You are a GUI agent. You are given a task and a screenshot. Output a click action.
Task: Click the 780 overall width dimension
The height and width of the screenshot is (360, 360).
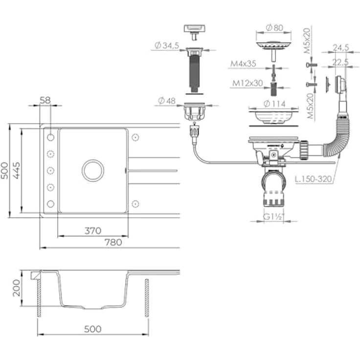[113, 242]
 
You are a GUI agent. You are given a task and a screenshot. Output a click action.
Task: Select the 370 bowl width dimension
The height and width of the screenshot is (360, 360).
[93, 231]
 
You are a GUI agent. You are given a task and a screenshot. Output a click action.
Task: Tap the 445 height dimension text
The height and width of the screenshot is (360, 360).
[16, 170]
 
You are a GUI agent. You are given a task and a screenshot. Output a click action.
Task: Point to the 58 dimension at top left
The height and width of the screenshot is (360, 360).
[45, 100]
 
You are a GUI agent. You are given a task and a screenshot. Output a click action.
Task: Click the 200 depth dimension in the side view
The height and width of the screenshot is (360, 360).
[16, 288]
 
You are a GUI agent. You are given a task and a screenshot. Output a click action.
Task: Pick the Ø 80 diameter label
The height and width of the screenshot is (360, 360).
[274, 28]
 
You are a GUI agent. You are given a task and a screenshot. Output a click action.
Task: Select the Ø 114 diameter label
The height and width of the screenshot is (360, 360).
[274, 104]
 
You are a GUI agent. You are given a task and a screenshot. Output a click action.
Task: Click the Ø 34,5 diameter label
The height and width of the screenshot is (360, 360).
[167, 45]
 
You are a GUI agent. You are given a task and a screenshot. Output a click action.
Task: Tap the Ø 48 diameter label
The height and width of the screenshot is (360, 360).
[167, 101]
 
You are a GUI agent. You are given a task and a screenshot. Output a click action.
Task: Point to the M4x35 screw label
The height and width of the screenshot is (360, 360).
[243, 64]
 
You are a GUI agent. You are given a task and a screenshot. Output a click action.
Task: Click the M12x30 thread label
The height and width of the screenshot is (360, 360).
[247, 83]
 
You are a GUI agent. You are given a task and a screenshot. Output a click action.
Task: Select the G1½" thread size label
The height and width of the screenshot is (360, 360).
[274, 217]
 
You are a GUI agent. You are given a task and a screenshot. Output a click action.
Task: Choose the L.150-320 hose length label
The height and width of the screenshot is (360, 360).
[314, 179]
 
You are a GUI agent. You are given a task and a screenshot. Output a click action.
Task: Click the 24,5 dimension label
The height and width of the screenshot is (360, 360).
[341, 48]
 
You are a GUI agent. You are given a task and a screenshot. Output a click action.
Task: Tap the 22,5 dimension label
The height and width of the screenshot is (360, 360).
[341, 62]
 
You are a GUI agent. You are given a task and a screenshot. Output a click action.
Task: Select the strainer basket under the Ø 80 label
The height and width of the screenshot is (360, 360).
[273, 45]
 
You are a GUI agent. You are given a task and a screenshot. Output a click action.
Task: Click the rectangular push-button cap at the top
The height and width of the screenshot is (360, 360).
[194, 29]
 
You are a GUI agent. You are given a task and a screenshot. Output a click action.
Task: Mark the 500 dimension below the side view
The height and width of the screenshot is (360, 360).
[93, 329]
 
